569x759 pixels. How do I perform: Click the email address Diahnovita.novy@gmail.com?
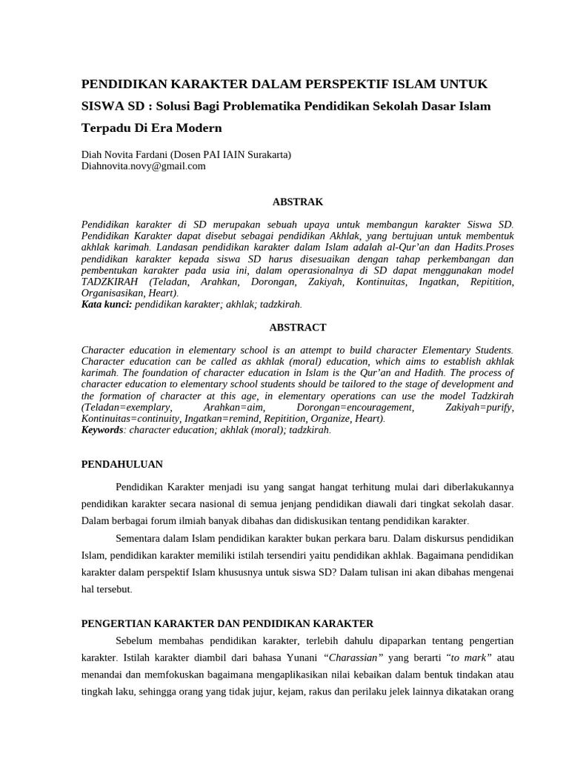pyautogui.click(x=143, y=167)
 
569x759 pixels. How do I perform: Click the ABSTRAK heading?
pyautogui.click(x=298, y=202)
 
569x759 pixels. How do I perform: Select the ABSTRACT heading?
pyautogui.click(x=298, y=327)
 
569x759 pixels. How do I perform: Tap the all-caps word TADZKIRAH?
pyautogui.click(x=114, y=282)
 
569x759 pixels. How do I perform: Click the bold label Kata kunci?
pyautogui.click(x=106, y=304)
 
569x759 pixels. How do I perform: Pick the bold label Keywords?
pyautogui.click(x=102, y=429)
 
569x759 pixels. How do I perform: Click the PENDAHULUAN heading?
pyautogui.click(x=122, y=464)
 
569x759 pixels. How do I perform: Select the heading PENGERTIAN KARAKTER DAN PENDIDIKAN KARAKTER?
pyautogui.click(x=227, y=623)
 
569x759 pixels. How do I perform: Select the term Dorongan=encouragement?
pyautogui.click(x=354, y=408)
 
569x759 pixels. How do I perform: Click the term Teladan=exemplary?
pyautogui.click(x=127, y=408)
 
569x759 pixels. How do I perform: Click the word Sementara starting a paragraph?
pyautogui.click(x=141, y=538)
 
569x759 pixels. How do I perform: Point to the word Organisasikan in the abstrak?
pyautogui.click(x=113, y=293)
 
